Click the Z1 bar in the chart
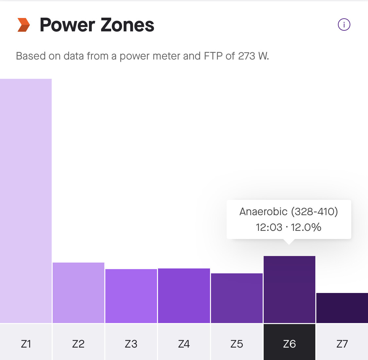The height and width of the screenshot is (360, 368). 26,201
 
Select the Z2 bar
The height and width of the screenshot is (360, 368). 79,293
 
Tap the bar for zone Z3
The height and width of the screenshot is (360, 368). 131,296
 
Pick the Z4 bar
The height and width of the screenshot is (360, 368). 184,296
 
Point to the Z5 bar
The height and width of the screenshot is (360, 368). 237,298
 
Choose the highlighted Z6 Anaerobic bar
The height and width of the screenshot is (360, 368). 289,289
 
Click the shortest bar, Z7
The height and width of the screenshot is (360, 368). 342,308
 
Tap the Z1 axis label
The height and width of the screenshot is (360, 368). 26,344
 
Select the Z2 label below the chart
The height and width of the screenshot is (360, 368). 79,344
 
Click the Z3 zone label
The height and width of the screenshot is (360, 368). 131,344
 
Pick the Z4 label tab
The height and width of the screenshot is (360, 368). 184,344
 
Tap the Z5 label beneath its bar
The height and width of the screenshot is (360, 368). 237,344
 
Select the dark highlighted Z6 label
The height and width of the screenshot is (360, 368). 289,344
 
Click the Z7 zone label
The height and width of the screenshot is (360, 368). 342,344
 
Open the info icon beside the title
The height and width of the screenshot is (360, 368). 344,25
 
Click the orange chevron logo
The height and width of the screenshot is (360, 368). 24,25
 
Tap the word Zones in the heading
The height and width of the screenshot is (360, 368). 127,25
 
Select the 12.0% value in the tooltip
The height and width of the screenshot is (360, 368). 306,227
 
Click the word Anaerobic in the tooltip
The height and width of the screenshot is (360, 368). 263,212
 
